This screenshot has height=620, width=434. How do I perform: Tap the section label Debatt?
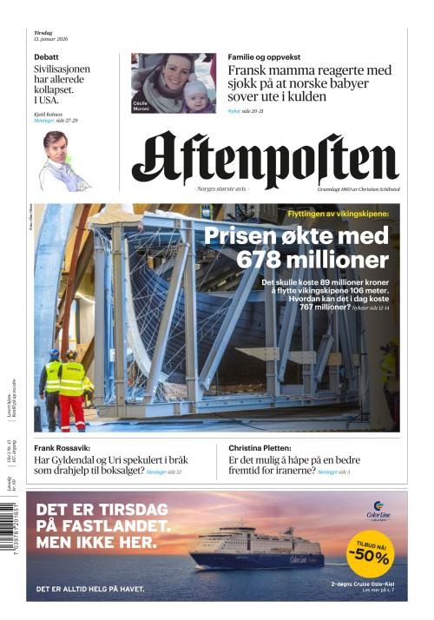46,56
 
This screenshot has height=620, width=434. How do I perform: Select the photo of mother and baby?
174,82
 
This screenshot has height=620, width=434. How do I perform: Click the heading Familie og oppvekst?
264,56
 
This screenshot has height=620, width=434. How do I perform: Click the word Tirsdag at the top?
43,32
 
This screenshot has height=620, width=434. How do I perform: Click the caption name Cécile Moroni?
141,105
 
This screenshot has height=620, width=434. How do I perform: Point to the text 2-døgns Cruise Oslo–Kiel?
364,584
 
